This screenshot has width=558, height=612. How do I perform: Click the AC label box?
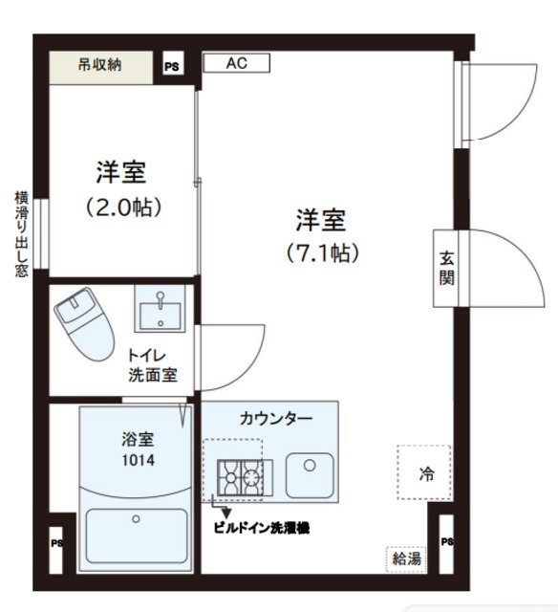tap(236, 64)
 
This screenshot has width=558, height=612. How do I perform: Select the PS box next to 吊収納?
tap(172, 67)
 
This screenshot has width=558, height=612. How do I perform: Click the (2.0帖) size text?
tap(120, 206)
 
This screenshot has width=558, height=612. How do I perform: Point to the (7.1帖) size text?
tap(321, 253)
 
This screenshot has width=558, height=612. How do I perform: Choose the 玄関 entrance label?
tap(446, 269)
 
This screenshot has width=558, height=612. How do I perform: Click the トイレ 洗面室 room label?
tap(153, 364)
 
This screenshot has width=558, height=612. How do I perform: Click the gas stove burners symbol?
tap(240, 476)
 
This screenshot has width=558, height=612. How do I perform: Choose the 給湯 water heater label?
tap(405, 559)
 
